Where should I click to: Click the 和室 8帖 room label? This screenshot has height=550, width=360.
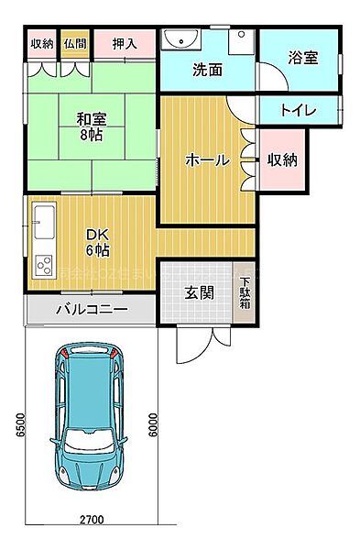pyautogui.click(x=90, y=125)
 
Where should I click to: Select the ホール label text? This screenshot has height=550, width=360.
pyautogui.click(x=207, y=159)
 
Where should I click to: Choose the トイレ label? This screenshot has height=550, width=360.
pyautogui.click(x=298, y=111)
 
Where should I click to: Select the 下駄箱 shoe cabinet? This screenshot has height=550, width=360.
pyautogui.click(x=245, y=294)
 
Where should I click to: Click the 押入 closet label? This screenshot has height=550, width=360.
pyautogui.click(x=125, y=42)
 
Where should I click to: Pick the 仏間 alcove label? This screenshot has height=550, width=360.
pyautogui.click(x=76, y=43)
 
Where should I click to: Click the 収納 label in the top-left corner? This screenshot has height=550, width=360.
pyautogui.click(x=41, y=43)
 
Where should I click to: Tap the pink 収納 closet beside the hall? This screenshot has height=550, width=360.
pyautogui.click(x=282, y=159)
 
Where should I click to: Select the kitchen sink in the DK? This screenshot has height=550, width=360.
pyautogui.click(x=45, y=220)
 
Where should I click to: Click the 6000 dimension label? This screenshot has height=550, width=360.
pyautogui.click(x=153, y=424)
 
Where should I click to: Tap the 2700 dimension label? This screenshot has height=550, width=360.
pyautogui.click(x=91, y=519)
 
